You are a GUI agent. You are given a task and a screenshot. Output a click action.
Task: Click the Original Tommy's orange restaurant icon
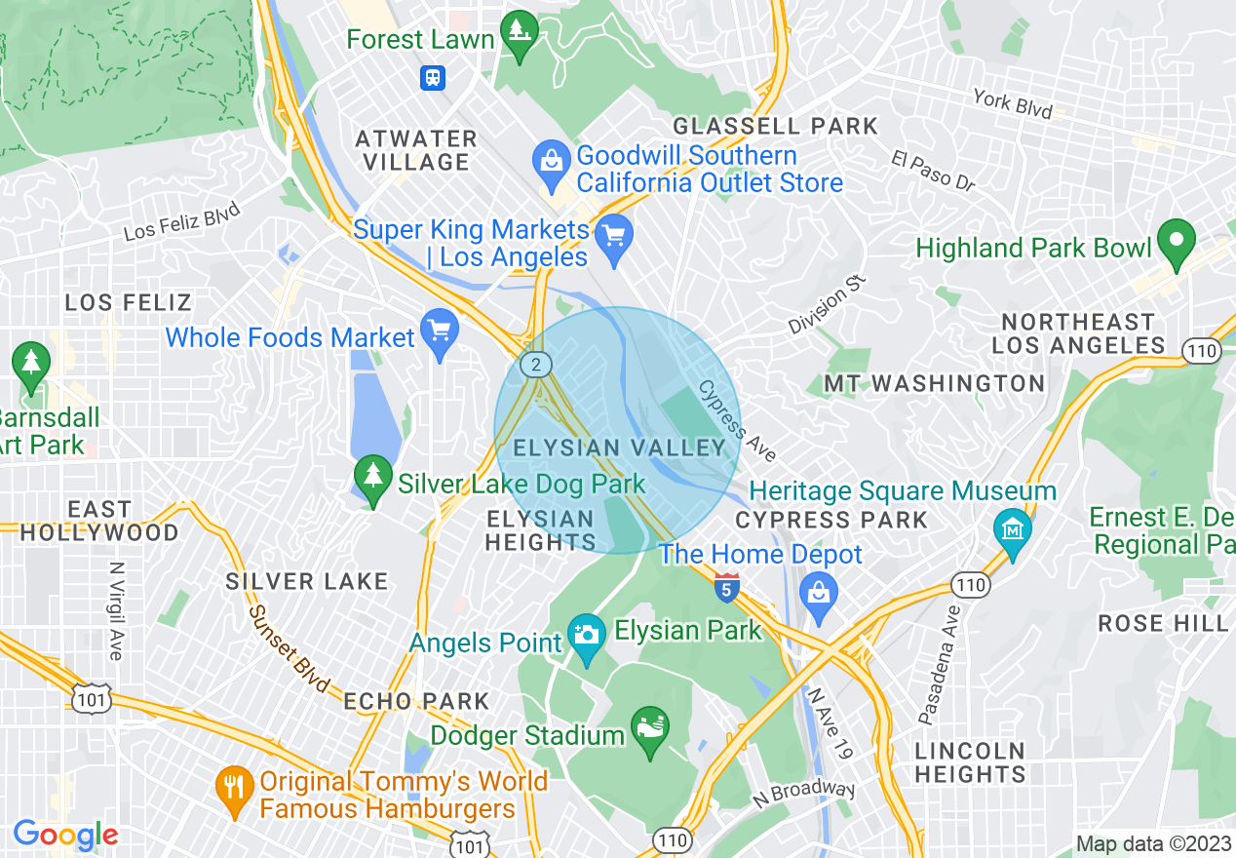click(x=233, y=784)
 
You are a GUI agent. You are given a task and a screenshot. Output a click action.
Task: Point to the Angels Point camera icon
click(x=586, y=636)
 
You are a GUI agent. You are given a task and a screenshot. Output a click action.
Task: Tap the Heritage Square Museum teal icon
click(x=1013, y=531)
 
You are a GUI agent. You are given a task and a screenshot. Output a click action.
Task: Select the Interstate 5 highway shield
click(x=726, y=588)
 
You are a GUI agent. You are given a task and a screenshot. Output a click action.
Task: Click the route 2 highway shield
click(x=535, y=366)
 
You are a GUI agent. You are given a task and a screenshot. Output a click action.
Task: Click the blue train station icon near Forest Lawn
click(x=432, y=77)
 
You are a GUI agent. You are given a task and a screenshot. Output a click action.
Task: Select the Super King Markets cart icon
click(x=614, y=238)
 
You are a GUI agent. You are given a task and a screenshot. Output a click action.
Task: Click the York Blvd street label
click(x=1013, y=103)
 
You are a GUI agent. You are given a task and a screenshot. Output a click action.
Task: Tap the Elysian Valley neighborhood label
click(x=620, y=448)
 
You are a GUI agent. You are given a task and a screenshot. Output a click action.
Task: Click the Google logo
click(x=65, y=835)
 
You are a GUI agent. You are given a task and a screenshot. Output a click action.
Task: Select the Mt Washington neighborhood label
click(x=934, y=383)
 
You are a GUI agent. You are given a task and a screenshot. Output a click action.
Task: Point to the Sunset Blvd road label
click(x=289, y=647)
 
